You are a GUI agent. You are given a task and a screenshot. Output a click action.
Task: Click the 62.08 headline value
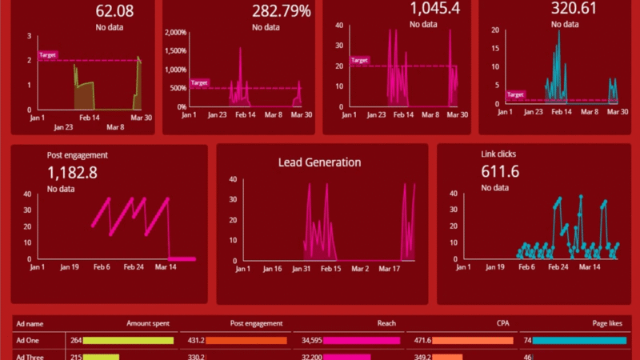pyautogui.click(x=114, y=11)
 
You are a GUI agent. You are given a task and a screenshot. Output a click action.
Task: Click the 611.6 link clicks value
pyautogui.click(x=501, y=171)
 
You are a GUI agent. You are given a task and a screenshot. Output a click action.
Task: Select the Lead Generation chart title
pyautogui.click(x=319, y=162)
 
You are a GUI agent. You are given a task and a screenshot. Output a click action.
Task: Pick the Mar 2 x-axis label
pyautogui.click(x=360, y=269)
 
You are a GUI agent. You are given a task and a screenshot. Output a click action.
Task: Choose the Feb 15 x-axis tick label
pyautogui.click(x=330, y=269)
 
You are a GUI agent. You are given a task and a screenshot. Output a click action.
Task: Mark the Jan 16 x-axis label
pyautogui.click(x=272, y=269)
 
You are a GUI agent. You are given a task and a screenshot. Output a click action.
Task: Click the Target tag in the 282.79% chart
pyautogui.click(x=199, y=82)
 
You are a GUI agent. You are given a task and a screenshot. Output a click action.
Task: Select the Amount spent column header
pyautogui.click(x=150, y=323)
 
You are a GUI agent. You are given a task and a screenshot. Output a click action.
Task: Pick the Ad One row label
pyautogui.click(x=28, y=341)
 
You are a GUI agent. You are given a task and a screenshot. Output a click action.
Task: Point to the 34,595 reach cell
pyautogui.click(x=311, y=341)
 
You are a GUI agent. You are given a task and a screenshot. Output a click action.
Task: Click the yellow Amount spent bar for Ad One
pyautogui.click(x=129, y=341)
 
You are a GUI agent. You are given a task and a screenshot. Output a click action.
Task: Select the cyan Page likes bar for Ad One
pyautogui.click(x=580, y=341)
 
